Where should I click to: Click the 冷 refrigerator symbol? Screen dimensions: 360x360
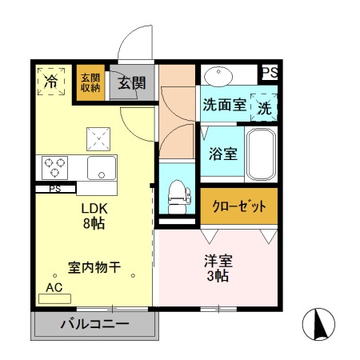coord(52,82)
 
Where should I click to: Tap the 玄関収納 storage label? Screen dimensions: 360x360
coord(89,83)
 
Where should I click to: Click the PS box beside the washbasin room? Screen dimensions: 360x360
coord(270,73)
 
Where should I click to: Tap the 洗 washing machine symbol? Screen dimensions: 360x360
coord(263,105)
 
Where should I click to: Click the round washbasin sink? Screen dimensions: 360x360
coord(217,77)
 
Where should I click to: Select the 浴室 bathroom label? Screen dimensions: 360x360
coord(222,154)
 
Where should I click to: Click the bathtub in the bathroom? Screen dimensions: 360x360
coord(261,154)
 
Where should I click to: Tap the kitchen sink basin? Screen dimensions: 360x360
coord(102,169)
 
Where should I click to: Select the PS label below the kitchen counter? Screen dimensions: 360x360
coord(55,190)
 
